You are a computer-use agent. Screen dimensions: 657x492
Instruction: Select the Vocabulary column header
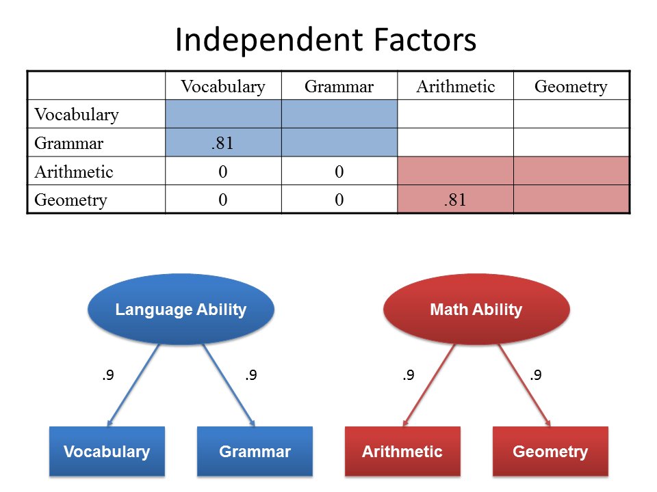pyautogui.click(x=222, y=87)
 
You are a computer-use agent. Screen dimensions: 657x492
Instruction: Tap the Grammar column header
pyautogui.click(x=339, y=87)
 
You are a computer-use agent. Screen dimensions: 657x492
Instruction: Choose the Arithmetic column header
pyautogui.click(x=455, y=87)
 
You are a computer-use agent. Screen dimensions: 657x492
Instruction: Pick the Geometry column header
pyautogui.click(x=571, y=87)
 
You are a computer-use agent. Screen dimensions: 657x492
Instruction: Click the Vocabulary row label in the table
pyautogui.click(x=77, y=114)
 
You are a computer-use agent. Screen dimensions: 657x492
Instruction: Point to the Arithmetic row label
pyautogui.click(x=74, y=172)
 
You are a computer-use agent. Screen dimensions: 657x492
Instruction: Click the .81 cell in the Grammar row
pyautogui.click(x=222, y=143)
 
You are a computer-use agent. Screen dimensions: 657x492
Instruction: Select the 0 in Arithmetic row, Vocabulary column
pyautogui.click(x=222, y=172)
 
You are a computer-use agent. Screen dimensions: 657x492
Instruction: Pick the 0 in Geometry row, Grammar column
pyautogui.click(x=339, y=200)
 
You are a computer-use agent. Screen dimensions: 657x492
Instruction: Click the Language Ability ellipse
pyautogui.click(x=181, y=310)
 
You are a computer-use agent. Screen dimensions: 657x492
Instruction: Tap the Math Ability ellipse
pyautogui.click(x=476, y=310)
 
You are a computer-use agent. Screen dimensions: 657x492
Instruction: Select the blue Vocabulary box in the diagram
pyautogui.click(x=107, y=452)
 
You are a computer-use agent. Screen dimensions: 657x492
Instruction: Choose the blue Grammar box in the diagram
pyautogui.click(x=255, y=452)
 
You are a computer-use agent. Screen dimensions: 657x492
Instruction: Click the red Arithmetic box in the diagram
pyautogui.click(x=402, y=452)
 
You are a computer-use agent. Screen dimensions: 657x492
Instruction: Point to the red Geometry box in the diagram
pyautogui.click(x=550, y=452)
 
